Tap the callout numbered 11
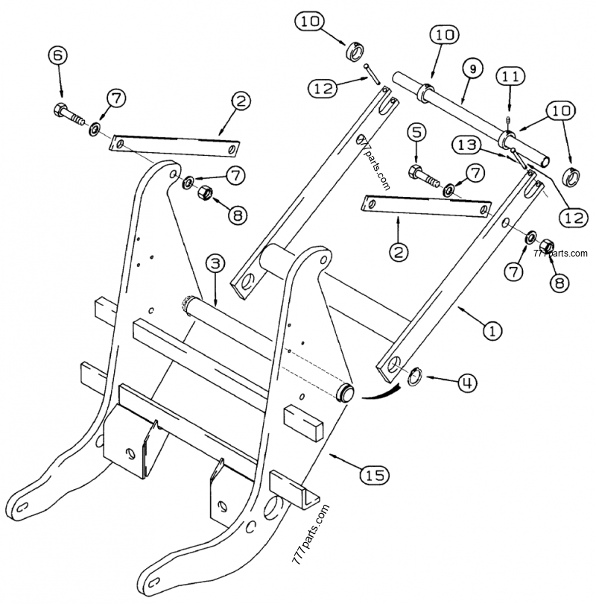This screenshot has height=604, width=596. coord(510,76)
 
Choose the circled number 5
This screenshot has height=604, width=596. coord(416,132)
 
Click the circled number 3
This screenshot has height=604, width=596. coord(214,262)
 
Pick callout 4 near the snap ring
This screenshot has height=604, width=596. coord(465,384)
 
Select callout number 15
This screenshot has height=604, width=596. coord(377,473)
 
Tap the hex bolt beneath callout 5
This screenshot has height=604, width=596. coord(422,174)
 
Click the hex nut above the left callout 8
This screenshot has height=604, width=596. coord(207,193)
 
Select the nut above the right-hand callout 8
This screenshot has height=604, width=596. coord(545,245)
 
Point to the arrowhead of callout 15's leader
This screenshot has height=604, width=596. coord(330,453)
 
